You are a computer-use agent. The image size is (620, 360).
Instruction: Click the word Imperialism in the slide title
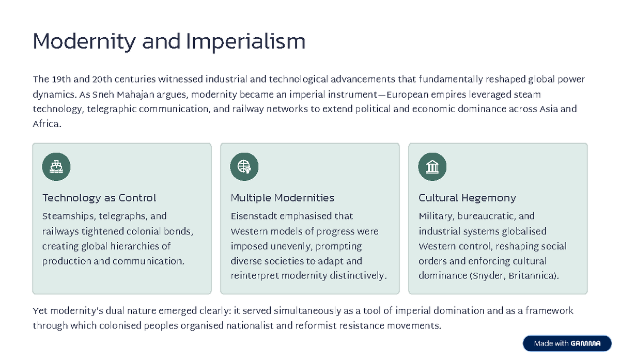click(x=245, y=41)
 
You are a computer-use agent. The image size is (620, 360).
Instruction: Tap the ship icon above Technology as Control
click(x=56, y=167)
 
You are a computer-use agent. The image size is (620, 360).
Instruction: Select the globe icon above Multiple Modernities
click(x=244, y=167)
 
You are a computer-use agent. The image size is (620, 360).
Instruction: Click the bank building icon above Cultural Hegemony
click(x=432, y=167)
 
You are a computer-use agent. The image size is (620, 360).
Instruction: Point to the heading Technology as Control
click(x=99, y=198)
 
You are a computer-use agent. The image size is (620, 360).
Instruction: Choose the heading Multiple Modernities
click(x=282, y=198)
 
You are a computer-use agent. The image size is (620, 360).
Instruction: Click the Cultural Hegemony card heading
click(x=467, y=198)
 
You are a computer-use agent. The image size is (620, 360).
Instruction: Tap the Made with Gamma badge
click(x=567, y=343)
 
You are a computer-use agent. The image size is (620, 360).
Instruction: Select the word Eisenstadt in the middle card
click(x=255, y=216)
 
